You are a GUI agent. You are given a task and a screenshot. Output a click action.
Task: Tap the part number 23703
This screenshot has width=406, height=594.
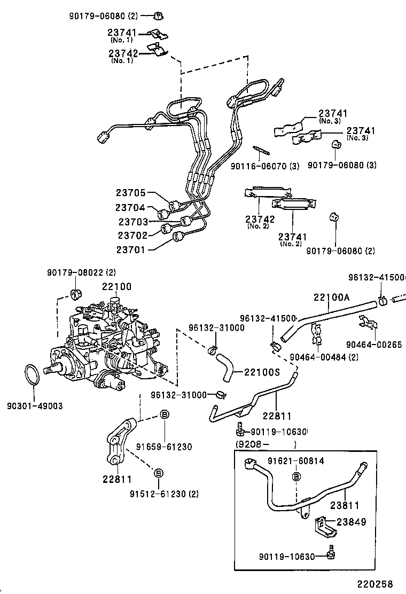133,221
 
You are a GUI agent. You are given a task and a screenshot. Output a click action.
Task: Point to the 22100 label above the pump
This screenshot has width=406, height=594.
116,287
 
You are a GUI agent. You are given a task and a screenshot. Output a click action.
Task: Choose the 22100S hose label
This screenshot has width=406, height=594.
262,372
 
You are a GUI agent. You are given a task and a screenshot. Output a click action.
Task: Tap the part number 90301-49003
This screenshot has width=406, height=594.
35,406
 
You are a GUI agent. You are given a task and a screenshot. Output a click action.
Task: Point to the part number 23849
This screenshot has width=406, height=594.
352,522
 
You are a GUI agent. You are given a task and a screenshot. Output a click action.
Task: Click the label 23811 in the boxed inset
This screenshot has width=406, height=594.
345,505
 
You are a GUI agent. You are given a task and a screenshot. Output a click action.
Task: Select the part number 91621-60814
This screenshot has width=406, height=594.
296,461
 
